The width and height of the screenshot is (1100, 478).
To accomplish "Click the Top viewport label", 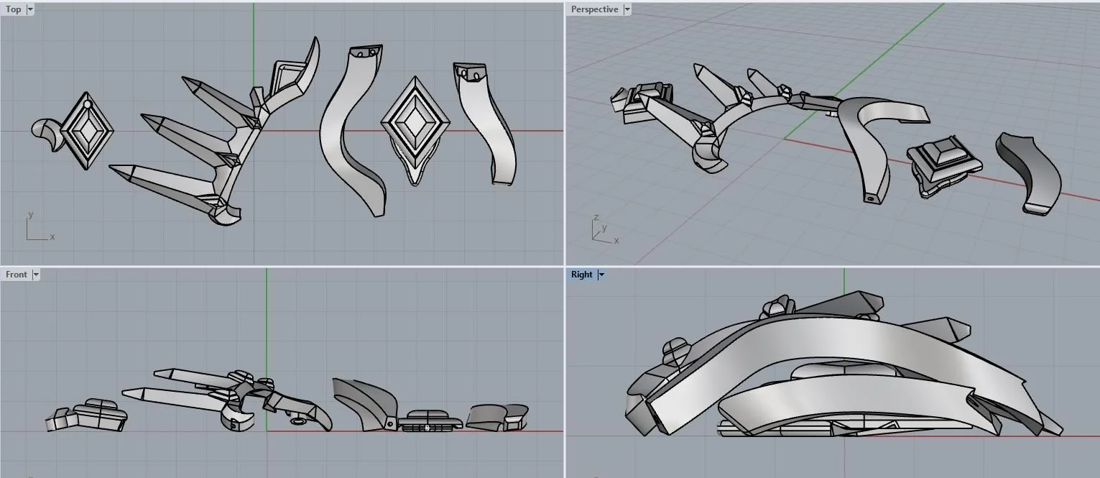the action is click(x=13, y=9).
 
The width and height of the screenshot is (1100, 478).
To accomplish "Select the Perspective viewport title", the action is click(x=594, y=9).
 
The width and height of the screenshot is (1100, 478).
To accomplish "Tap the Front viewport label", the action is click(x=17, y=275).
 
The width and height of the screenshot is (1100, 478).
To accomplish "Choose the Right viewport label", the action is click(x=581, y=275).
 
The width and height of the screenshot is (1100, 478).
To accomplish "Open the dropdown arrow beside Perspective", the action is click(x=627, y=9).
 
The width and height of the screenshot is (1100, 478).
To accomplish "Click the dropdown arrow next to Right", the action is click(x=601, y=275).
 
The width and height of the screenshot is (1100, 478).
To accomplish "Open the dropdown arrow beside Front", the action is click(x=36, y=275).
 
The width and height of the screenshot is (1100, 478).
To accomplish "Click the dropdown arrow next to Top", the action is click(x=30, y=9).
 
